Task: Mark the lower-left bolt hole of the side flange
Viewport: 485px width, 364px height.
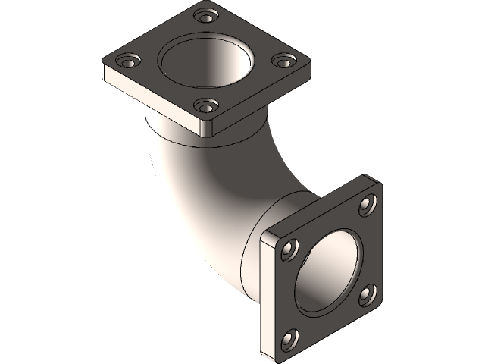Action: coord(290,337)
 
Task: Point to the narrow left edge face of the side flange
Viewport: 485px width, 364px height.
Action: coord(265,296)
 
